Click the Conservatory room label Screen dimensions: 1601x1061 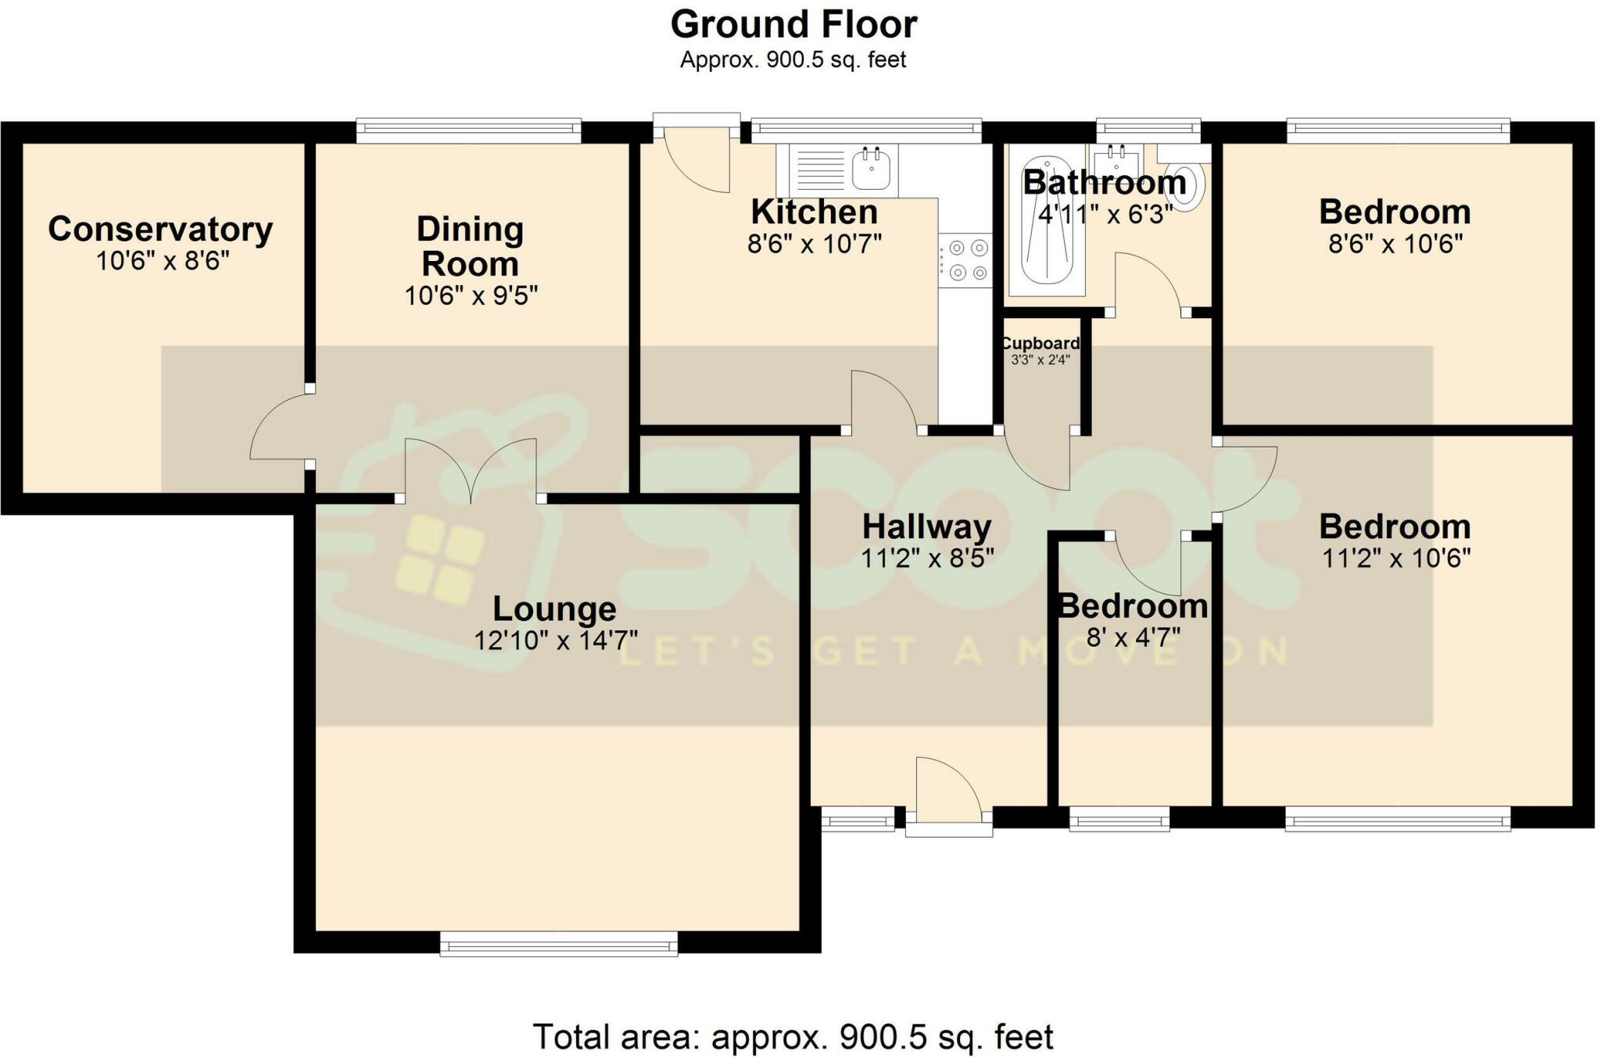[160, 229]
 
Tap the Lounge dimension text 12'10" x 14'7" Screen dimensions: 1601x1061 [556, 641]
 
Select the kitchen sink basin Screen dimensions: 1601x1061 [871, 170]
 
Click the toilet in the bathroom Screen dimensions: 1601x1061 [1184, 178]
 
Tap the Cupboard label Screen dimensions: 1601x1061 [1040, 343]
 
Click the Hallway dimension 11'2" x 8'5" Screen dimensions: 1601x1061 [927, 559]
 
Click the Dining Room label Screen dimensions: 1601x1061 [470, 246]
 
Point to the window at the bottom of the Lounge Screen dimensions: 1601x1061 [559, 943]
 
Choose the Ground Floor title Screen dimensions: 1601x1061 [793, 24]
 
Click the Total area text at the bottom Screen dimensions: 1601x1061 [793, 1037]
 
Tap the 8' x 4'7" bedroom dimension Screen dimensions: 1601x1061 [1134, 638]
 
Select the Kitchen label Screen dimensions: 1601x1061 [815, 212]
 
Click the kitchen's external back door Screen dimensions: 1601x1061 [697, 152]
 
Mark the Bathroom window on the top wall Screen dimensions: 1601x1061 [1148, 129]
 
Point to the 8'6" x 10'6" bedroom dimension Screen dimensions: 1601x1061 [1395, 245]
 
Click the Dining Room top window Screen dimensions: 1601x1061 [469, 130]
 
